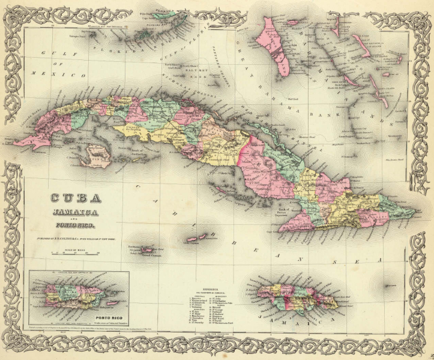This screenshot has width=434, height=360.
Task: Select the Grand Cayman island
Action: pyautogui.click(x=148, y=248)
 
